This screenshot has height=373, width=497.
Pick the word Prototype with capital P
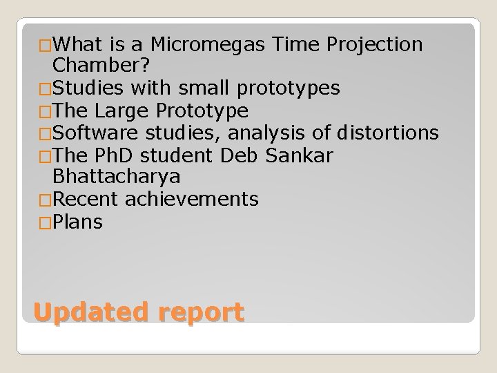click(203, 111)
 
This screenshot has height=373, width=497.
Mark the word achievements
click(192, 200)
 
